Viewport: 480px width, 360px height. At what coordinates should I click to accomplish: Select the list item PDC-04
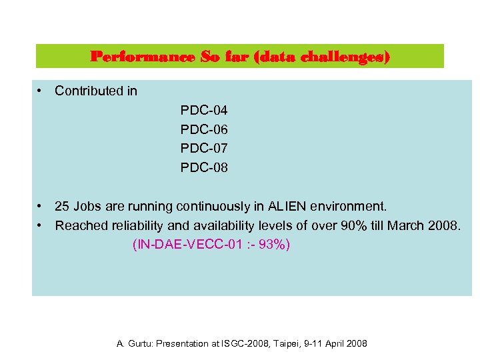(x=204, y=110)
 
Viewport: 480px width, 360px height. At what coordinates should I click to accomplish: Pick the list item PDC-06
(x=204, y=129)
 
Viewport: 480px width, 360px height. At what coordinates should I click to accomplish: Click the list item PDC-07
(x=204, y=149)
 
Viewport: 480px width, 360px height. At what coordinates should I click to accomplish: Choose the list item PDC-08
(x=204, y=168)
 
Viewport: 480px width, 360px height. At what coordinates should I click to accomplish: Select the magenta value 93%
(x=273, y=245)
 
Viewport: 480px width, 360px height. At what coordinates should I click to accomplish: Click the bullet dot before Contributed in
(x=41, y=91)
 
